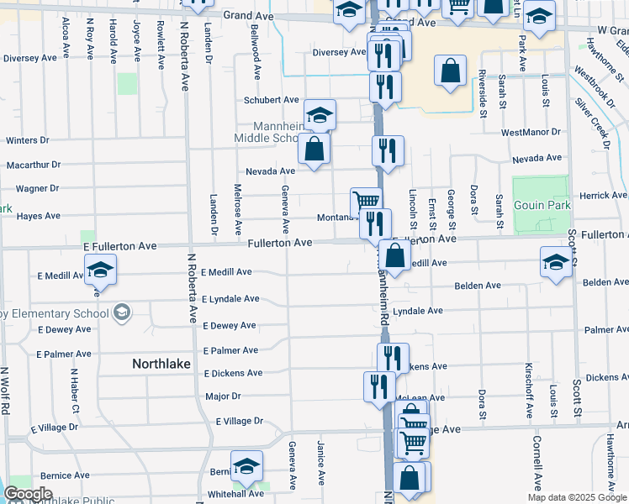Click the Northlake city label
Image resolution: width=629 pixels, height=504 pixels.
pos(161,364)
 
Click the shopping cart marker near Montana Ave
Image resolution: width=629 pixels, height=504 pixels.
pos(366,202)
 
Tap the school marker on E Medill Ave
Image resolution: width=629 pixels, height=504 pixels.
pos(100,270)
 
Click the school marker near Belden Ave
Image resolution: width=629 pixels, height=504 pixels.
pos(555,262)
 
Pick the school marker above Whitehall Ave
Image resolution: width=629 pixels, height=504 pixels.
pos(246,465)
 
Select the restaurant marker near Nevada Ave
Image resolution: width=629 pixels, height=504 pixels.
pos(388,151)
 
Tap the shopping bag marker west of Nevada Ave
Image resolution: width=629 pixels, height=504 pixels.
pos(314,150)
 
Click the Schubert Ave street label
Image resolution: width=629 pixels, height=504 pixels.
pos(272,100)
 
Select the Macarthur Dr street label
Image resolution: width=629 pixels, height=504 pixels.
pos(34,165)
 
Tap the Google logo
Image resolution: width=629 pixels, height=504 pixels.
pos(28,494)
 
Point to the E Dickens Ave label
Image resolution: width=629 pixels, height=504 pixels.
pos(232,373)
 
